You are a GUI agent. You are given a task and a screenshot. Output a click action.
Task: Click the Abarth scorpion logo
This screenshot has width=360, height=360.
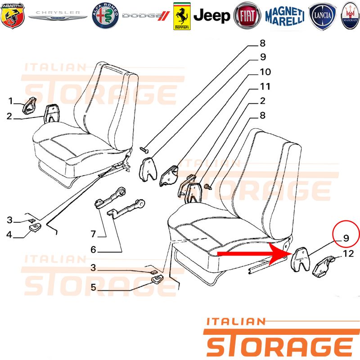(x=13, y=16)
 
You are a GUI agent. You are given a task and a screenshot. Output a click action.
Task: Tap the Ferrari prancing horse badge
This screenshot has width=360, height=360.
(x=182, y=16)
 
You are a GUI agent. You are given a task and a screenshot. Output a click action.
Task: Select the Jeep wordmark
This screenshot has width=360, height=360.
(x=211, y=16)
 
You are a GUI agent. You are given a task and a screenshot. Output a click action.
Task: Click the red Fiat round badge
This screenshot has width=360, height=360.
(x=247, y=16)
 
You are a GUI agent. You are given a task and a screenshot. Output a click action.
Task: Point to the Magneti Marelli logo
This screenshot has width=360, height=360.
(x=285, y=16)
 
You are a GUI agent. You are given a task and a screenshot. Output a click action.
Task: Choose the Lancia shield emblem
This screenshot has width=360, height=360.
(x=322, y=16)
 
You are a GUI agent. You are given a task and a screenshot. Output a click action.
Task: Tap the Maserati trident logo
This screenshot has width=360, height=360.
(x=351, y=16)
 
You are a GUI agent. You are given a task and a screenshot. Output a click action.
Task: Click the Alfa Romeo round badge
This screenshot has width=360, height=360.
(x=105, y=16)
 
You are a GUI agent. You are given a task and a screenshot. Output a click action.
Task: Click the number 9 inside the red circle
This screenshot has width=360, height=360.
(x=346, y=238)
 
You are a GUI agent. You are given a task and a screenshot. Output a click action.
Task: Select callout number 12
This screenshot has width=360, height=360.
(x=348, y=254)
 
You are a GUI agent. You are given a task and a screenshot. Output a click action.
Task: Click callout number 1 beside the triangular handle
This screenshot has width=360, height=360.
(x=10, y=101)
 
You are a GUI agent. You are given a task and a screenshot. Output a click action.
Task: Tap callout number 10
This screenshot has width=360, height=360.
(x=265, y=72)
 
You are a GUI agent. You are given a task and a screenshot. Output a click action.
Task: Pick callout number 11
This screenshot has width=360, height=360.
(x=265, y=86)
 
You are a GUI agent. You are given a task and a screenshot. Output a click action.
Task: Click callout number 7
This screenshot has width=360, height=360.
(x=93, y=234)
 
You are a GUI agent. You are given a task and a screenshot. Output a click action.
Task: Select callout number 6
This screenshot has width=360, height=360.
(x=93, y=250)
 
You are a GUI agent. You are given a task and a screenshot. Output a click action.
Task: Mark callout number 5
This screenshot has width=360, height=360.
(x=93, y=287)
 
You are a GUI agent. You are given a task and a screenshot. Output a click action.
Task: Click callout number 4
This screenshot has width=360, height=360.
(x=9, y=234)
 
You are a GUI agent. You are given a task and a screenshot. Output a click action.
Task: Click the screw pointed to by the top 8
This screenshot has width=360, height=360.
(x=144, y=150)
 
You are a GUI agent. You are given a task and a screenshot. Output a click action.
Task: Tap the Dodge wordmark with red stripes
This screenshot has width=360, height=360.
(x=146, y=16)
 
